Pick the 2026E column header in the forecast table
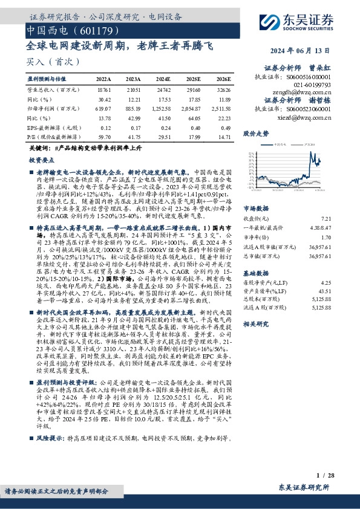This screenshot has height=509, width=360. (223, 79)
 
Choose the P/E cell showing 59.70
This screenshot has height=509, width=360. (103, 137)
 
